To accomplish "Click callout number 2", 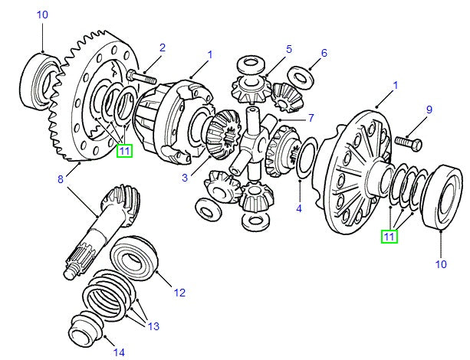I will (162, 48).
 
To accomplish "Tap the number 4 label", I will (299, 208).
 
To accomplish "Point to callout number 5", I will (288, 50).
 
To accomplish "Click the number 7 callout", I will (311, 118).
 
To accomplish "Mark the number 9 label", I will (429, 110).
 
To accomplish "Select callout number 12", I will (179, 292).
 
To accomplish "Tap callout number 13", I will (153, 326).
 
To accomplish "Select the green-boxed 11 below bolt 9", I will (390, 237).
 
